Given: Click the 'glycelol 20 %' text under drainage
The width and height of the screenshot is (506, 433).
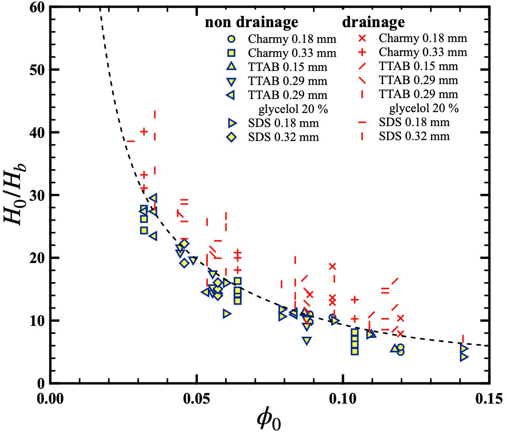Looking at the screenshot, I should tap(424, 108).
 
